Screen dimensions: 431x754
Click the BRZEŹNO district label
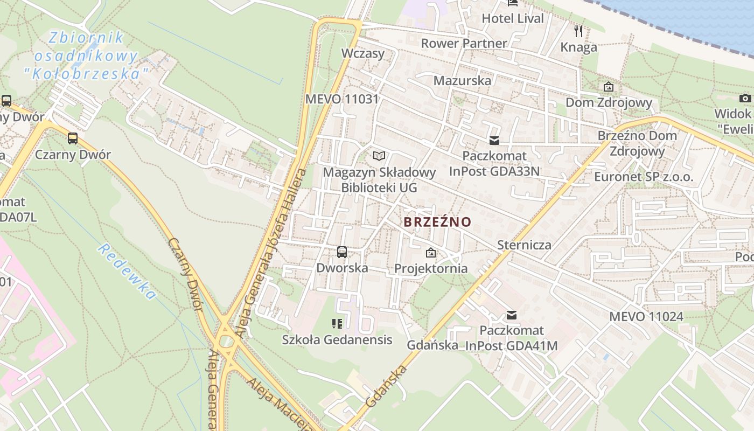(437, 222)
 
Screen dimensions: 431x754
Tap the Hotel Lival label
(513, 18)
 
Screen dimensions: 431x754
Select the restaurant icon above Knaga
(578, 31)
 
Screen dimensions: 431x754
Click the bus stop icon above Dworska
(341, 252)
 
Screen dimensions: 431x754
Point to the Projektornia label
(431, 268)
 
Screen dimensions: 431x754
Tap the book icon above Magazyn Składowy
(379, 156)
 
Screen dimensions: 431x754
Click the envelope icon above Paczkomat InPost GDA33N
(494, 141)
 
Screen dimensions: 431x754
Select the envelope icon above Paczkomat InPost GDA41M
(511, 315)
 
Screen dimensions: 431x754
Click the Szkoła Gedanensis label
(337, 340)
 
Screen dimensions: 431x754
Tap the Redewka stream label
(127, 272)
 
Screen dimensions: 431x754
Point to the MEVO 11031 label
(342, 99)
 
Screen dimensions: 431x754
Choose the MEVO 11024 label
(646, 316)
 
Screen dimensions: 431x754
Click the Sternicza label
(524, 245)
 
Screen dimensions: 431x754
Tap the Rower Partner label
(464, 43)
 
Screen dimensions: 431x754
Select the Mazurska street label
(462, 81)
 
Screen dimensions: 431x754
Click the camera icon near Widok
(745, 98)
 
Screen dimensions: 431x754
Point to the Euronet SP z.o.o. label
(644, 177)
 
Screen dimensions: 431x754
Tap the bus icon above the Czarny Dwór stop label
(73, 138)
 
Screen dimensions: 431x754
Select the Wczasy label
(363, 53)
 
